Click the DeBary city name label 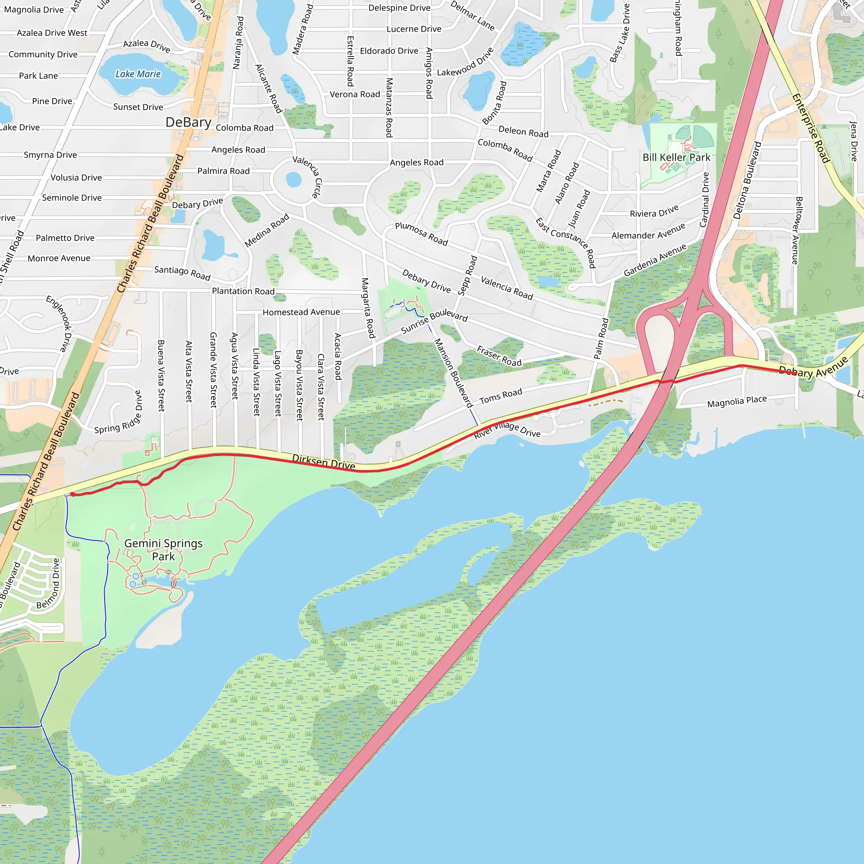pos(188,122)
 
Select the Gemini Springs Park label pos(163,550)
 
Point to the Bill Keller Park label pos(676,157)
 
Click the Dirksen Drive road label pos(323,462)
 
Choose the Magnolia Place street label pos(737,402)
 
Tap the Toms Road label pos(500,395)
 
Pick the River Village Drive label pos(507,429)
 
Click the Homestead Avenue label pos(301,312)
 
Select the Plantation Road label pos(243,291)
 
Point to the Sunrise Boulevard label pos(434,321)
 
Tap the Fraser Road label pos(499,356)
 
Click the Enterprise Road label pos(811,128)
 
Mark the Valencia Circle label pos(307,176)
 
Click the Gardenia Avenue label pos(655,260)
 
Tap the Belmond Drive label pos(48,583)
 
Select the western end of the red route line pos(73,494)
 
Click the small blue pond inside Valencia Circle pos(293,179)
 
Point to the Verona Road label pos(355,94)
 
